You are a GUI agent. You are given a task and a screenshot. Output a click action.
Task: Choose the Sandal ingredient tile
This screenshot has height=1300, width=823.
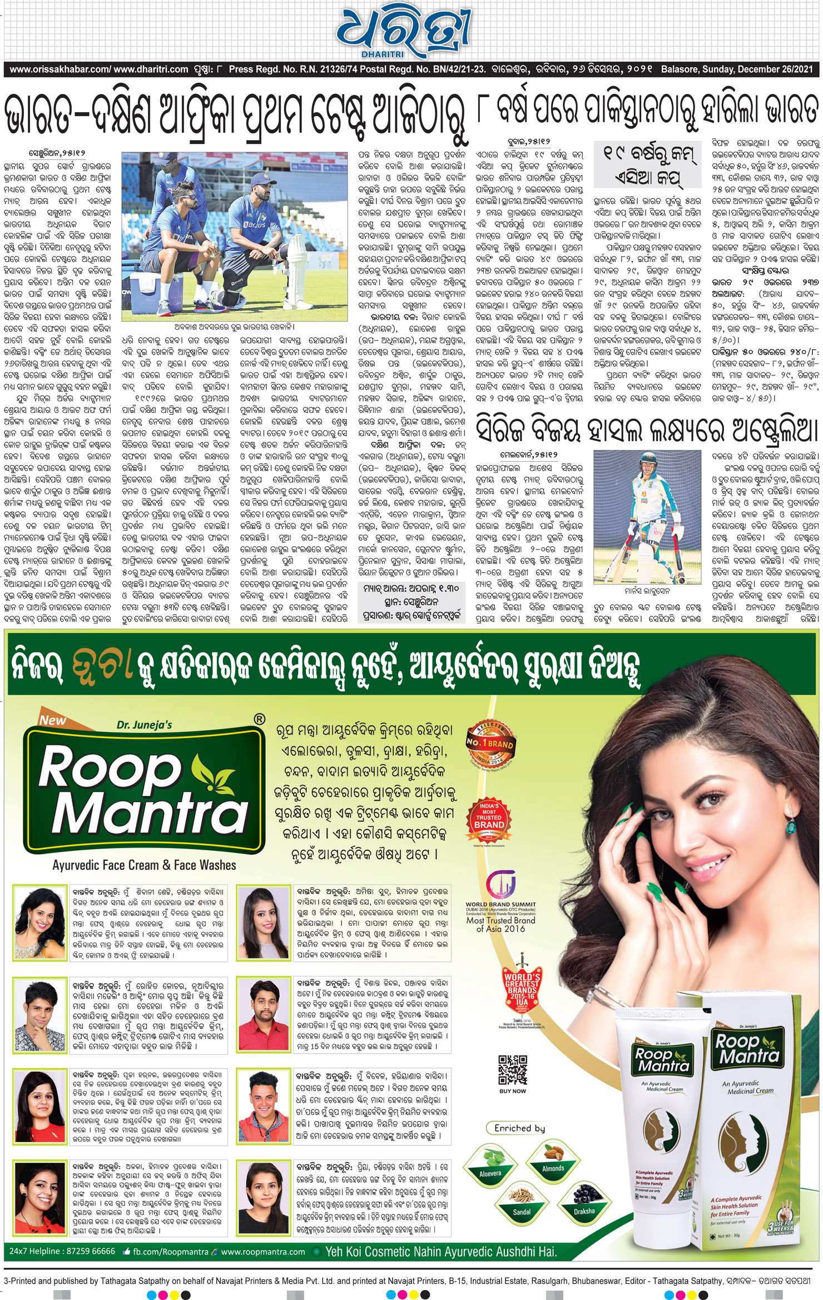tap(521, 1204)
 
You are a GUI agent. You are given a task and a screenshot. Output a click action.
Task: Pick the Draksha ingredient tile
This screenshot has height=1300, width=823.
tap(584, 1203)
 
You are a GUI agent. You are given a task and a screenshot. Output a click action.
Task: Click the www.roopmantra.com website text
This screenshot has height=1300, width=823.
tap(263, 1252)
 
